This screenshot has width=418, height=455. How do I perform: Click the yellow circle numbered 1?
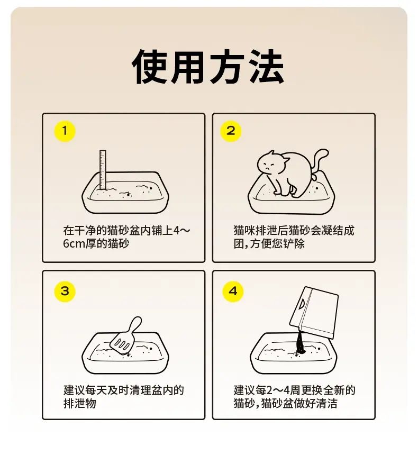point(65,131)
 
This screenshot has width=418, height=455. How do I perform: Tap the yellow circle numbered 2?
point(231,131)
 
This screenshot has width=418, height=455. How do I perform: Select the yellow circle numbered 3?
point(65,291)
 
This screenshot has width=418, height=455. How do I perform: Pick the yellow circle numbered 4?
point(233,291)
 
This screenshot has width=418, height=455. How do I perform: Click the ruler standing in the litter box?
point(103,169)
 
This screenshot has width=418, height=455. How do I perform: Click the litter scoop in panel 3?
point(125,336)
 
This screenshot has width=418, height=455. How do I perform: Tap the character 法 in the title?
point(267,67)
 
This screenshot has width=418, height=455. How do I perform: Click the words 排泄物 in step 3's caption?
point(79,403)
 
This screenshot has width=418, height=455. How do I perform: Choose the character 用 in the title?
point(188,67)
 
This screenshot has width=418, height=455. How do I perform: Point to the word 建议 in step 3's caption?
point(74,390)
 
